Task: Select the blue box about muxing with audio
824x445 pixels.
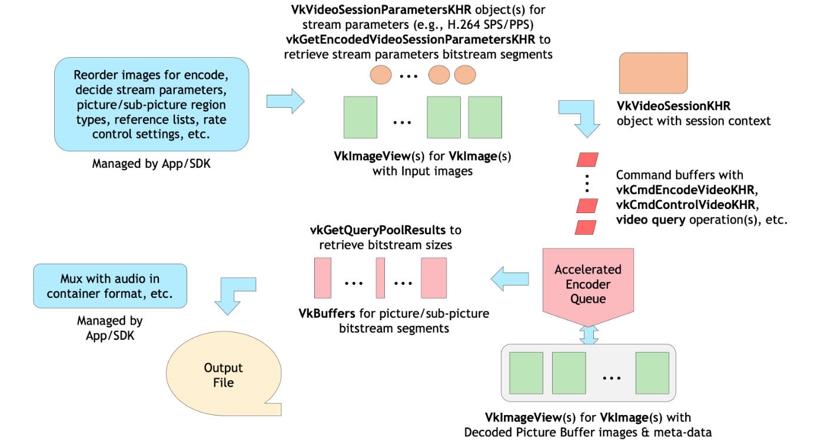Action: [x=109, y=285]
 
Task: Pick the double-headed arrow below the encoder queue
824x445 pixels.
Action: [x=589, y=333]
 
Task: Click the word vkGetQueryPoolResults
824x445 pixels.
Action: [x=378, y=230]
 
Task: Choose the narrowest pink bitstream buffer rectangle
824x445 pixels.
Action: [x=380, y=278]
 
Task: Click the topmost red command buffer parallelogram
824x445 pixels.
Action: [x=586, y=160]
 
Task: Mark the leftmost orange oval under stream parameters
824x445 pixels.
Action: [x=380, y=75]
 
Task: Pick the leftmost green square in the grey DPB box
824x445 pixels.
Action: [x=526, y=373]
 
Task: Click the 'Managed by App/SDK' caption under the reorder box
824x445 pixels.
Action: [x=151, y=164]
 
